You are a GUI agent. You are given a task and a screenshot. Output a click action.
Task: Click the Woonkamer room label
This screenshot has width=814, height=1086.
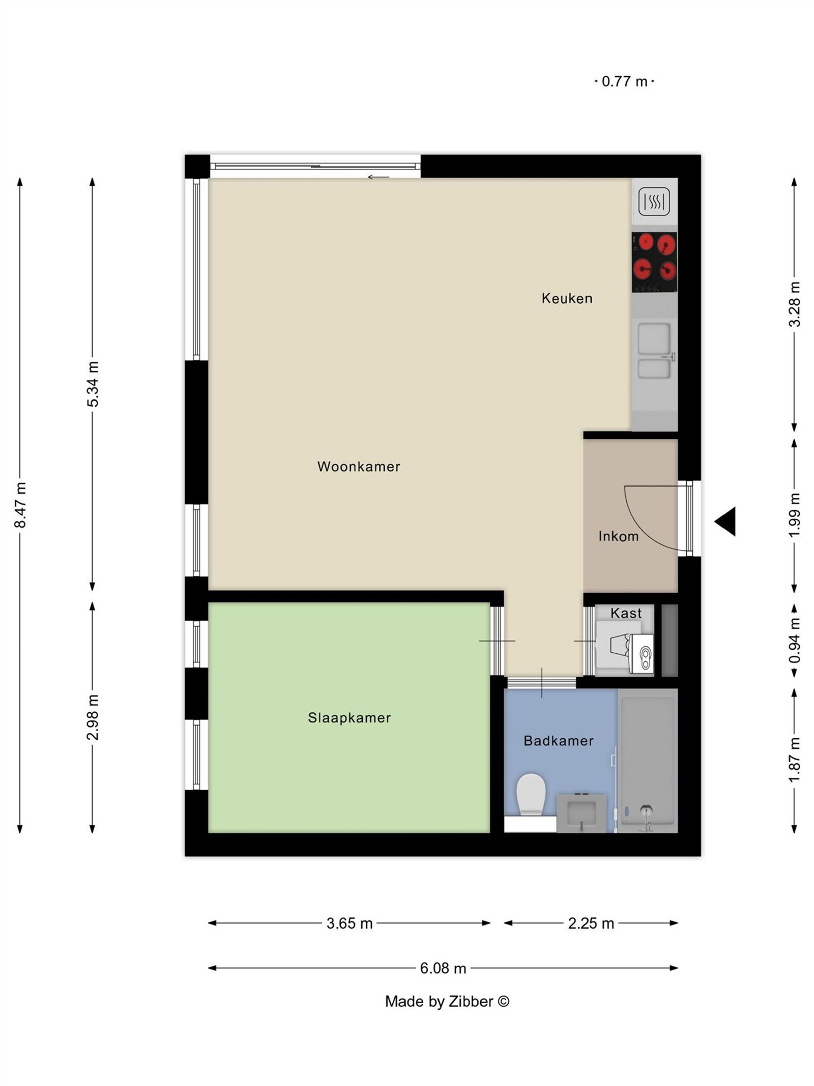tap(358, 466)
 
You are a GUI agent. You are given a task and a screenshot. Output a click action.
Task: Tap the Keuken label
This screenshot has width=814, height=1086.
tap(567, 298)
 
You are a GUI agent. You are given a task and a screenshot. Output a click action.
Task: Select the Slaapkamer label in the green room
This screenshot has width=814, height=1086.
tap(349, 718)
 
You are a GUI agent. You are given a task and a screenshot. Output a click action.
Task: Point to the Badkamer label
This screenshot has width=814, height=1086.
tap(558, 741)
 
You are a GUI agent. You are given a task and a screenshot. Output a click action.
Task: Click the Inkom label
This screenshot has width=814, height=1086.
tap(618, 536)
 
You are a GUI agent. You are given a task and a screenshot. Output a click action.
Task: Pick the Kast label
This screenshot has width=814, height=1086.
tap(625, 613)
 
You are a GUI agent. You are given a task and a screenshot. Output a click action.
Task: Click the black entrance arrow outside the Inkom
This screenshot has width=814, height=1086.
tap(726, 521)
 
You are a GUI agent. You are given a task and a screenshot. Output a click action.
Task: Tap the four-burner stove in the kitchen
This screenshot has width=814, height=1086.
tap(654, 262)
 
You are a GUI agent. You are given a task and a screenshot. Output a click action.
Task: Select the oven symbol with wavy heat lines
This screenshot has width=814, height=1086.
tap(654, 202)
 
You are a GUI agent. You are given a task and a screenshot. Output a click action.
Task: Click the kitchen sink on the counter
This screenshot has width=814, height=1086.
tap(654, 351)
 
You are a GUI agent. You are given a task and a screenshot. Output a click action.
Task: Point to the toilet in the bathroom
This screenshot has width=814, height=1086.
tap(531, 794)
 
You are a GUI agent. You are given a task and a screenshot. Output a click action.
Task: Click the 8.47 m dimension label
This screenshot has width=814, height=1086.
tap(20, 505)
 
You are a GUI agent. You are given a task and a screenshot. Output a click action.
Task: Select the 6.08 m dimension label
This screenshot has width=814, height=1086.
tap(443, 968)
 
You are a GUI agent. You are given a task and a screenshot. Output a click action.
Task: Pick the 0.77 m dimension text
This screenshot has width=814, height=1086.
tap(624, 81)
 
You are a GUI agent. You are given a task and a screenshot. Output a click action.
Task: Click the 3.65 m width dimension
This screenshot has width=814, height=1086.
tap(350, 923)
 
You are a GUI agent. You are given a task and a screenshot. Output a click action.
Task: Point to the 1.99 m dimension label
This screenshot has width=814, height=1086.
tap(794, 514)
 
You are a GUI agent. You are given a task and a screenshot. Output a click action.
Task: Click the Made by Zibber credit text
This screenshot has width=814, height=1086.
tap(447, 1001)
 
